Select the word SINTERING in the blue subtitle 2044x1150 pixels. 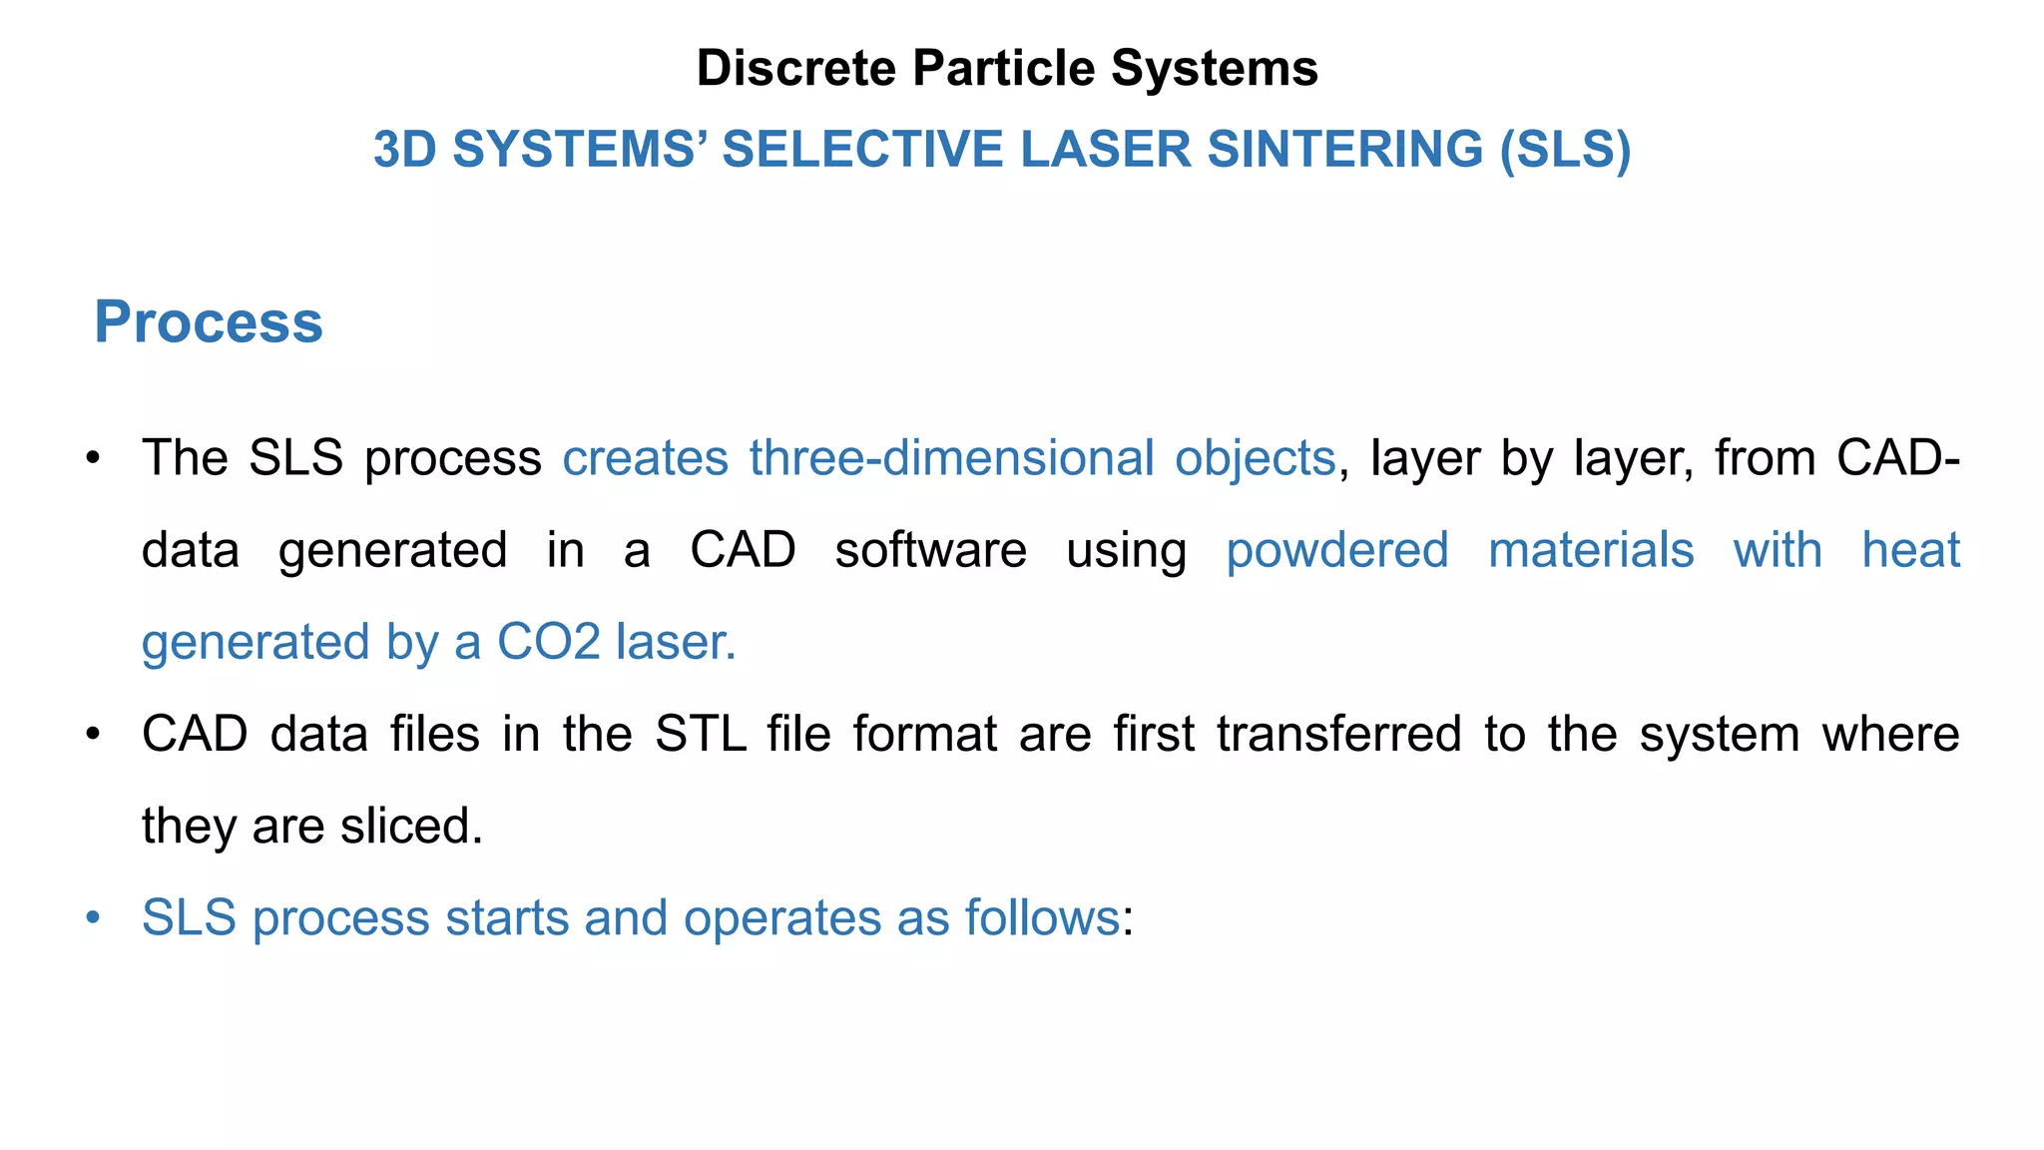click(1344, 150)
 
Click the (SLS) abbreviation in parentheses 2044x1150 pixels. click(1565, 150)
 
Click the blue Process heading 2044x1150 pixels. click(209, 322)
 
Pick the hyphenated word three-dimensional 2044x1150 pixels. click(951, 458)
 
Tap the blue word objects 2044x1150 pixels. click(1255, 458)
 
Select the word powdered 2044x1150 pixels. click(1337, 550)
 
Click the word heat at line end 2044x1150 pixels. click(1910, 550)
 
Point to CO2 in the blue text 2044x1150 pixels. click(547, 642)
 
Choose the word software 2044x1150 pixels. click(930, 550)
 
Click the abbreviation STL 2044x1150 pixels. click(700, 734)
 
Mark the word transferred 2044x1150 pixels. click(1338, 734)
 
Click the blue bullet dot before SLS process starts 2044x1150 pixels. click(94, 917)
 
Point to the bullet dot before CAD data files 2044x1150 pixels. click(94, 734)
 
